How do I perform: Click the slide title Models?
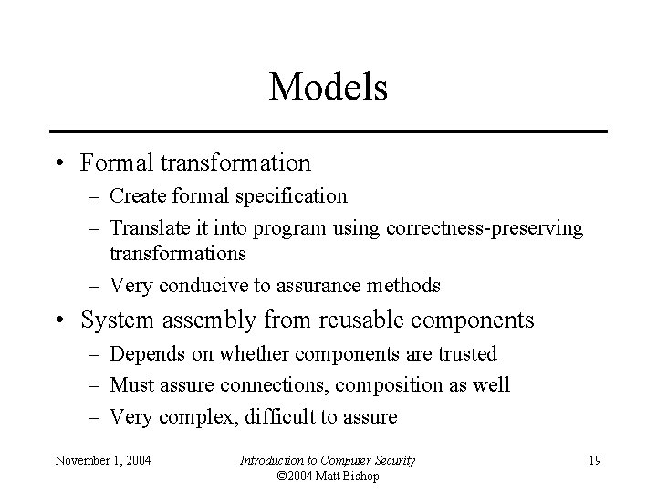click(x=328, y=88)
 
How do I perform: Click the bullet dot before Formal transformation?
click(x=57, y=164)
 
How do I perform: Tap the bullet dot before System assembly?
click(x=57, y=321)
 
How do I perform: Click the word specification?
click(x=294, y=196)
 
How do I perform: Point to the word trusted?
click(x=466, y=353)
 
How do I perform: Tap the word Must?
click(x=133, y=385)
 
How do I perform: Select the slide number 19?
click(x=594, y=460)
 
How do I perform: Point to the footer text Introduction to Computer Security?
click(x=327, y=460)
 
